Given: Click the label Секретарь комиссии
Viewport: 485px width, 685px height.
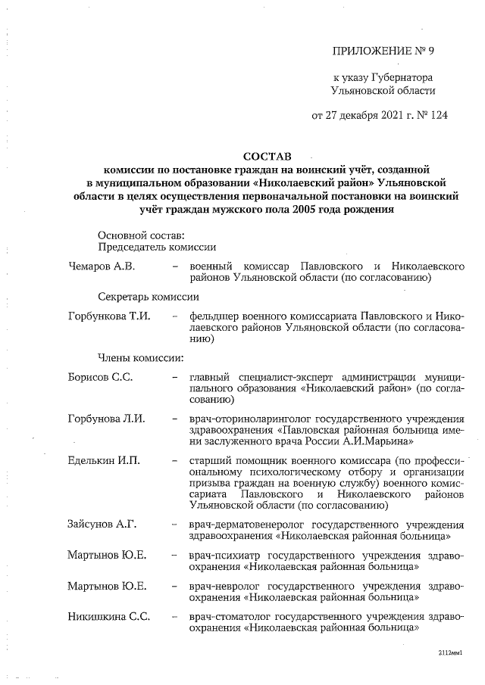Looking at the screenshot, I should click(148, 297).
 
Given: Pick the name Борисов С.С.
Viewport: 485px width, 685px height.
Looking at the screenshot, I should click(100, 376).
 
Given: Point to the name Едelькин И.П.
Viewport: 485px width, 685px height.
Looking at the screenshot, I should click(104, 461).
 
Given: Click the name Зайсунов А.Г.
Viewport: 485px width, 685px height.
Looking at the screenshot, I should click(103, 523).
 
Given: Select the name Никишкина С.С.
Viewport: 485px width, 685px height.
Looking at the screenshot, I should click(108, 616).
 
